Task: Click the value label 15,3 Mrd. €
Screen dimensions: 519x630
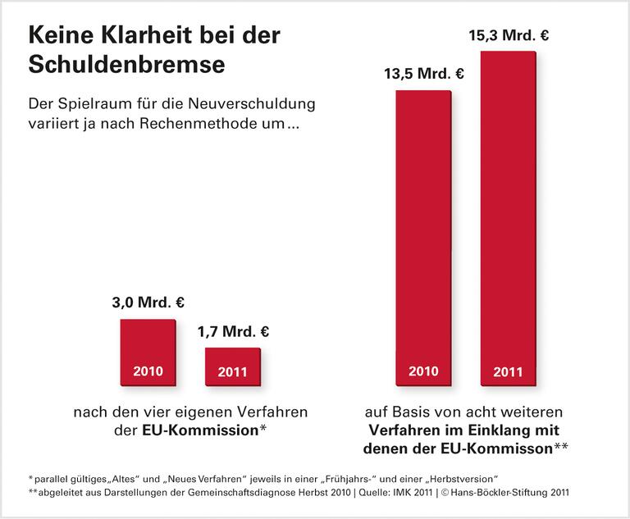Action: click(x=508, y=36)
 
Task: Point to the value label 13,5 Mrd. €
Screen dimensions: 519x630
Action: click(x=424, y=75)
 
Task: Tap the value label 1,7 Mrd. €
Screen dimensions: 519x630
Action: click(x=233, y=332)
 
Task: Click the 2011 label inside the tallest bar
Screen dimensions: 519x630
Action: click(x=508, y=371)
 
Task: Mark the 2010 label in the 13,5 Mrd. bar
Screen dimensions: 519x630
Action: click(x=423, y=371)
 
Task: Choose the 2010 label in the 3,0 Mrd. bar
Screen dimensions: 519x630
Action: click(x=148, y=371)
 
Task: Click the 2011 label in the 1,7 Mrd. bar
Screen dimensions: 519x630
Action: click(x=232, y=371)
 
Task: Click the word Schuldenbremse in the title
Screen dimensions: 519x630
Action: click(x=126, y=65)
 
